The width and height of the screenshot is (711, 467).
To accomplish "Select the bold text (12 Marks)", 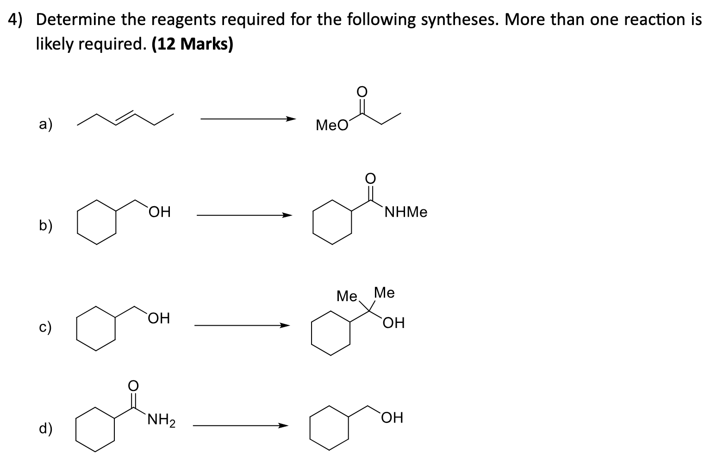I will point(192,44).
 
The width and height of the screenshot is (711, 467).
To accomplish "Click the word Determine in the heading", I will point(75,19).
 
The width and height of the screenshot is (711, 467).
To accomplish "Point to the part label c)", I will point(45,327).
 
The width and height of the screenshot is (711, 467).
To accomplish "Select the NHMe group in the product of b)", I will point(405,213).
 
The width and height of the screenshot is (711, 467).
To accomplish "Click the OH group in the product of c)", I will point(393,322).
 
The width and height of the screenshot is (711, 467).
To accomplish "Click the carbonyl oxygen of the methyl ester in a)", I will point(362,91).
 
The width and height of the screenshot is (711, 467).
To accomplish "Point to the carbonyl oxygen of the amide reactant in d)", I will point(133,385).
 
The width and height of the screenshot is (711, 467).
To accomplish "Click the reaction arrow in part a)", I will point(247,119).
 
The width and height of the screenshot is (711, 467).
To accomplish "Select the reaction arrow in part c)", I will point(241,325).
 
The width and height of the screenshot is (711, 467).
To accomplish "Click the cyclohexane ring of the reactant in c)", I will point(96,331).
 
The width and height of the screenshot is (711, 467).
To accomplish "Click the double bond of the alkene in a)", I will point(125,116).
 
